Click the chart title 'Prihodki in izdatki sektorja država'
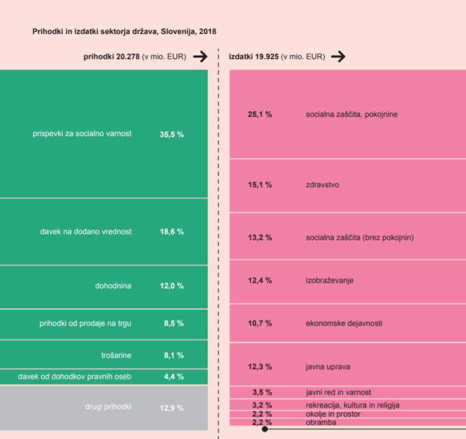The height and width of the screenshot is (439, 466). tap(124, 31)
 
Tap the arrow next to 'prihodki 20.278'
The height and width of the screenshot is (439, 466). tap(200, 57)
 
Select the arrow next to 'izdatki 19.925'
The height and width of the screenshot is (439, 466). tap(338, 57)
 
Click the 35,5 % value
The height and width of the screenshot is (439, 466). tap(172, 135)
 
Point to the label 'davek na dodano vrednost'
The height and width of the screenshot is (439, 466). tap(86, 232)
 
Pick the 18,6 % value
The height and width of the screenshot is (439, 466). tap(172, 232)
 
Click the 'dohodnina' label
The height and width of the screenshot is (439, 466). tap(113, 286)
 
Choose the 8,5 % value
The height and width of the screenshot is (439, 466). tap(174, 324)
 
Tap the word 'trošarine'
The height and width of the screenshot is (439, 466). tap(116, 355)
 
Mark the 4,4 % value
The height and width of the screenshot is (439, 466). tap(174, 377)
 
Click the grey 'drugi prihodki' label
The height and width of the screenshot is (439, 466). tap(108, 407)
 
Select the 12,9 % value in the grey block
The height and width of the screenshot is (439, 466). tap(172, 408)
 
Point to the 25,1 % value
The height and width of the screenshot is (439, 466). tap(260, 114)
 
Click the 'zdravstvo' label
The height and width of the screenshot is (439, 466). tap(322, 184)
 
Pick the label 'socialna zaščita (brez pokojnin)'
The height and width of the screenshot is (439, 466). tap(360, 238)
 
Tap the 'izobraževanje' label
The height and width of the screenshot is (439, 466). tap(329, 280)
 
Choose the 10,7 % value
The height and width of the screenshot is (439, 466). tap(260, 323)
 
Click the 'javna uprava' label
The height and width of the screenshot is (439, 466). tap(328, 367)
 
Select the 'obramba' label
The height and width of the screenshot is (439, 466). tap(321, 422)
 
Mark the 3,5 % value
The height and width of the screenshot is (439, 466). tap(262, 392)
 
